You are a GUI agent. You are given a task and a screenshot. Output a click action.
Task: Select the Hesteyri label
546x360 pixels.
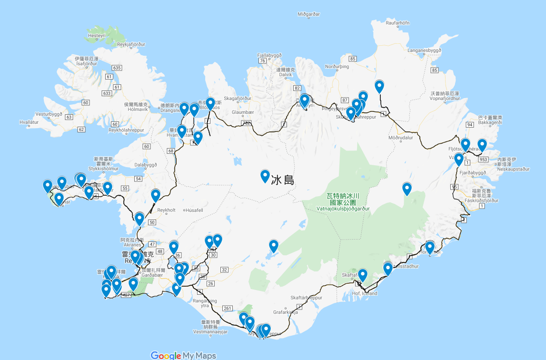pos(96,36)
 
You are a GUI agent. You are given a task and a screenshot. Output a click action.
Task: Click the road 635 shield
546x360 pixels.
pos(117,68)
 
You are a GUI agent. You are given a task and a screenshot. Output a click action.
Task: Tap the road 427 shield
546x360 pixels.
pos(126,296)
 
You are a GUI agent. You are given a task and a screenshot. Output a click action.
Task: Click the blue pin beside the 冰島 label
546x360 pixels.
pos(265,176)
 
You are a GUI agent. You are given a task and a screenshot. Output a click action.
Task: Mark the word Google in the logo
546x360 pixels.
pos(166,355)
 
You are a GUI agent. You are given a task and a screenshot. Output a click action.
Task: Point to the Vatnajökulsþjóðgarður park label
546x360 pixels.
pos(341,208)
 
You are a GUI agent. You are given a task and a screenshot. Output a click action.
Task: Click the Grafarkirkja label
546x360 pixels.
pos(286,313)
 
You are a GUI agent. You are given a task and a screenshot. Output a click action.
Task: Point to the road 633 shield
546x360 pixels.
pos(107,93)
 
